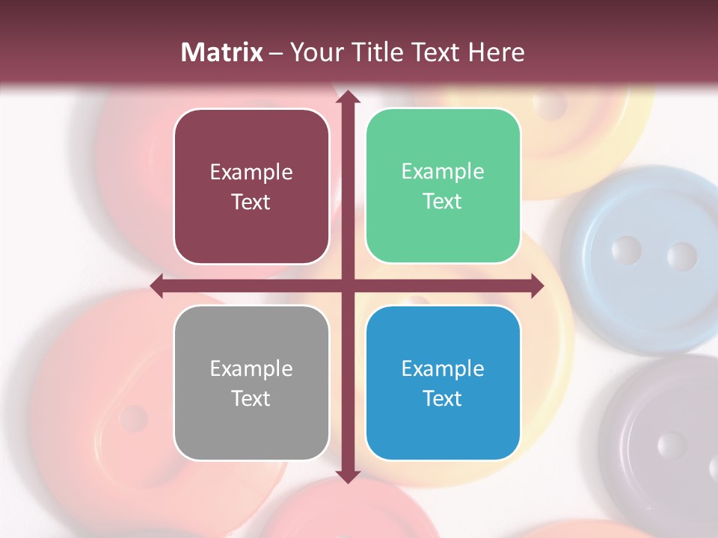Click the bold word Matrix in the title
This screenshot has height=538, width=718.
(221, 52)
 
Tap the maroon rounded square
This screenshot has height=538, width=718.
(251, 186)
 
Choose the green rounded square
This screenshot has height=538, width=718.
(443, 186)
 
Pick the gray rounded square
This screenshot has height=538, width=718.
(251, 383)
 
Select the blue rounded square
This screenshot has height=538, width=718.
(443, 383)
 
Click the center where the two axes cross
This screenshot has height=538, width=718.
(348, 285)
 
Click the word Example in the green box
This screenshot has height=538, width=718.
(443, 172)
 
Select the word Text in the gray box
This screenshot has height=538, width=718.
(251, 398)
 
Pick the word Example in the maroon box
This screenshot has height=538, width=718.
(251, 173)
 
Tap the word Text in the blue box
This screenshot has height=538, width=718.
(443, 398)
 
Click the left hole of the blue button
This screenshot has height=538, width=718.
(626, 250)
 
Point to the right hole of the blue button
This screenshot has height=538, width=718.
(681, 256)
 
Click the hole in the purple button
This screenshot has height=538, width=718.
(671, 446)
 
